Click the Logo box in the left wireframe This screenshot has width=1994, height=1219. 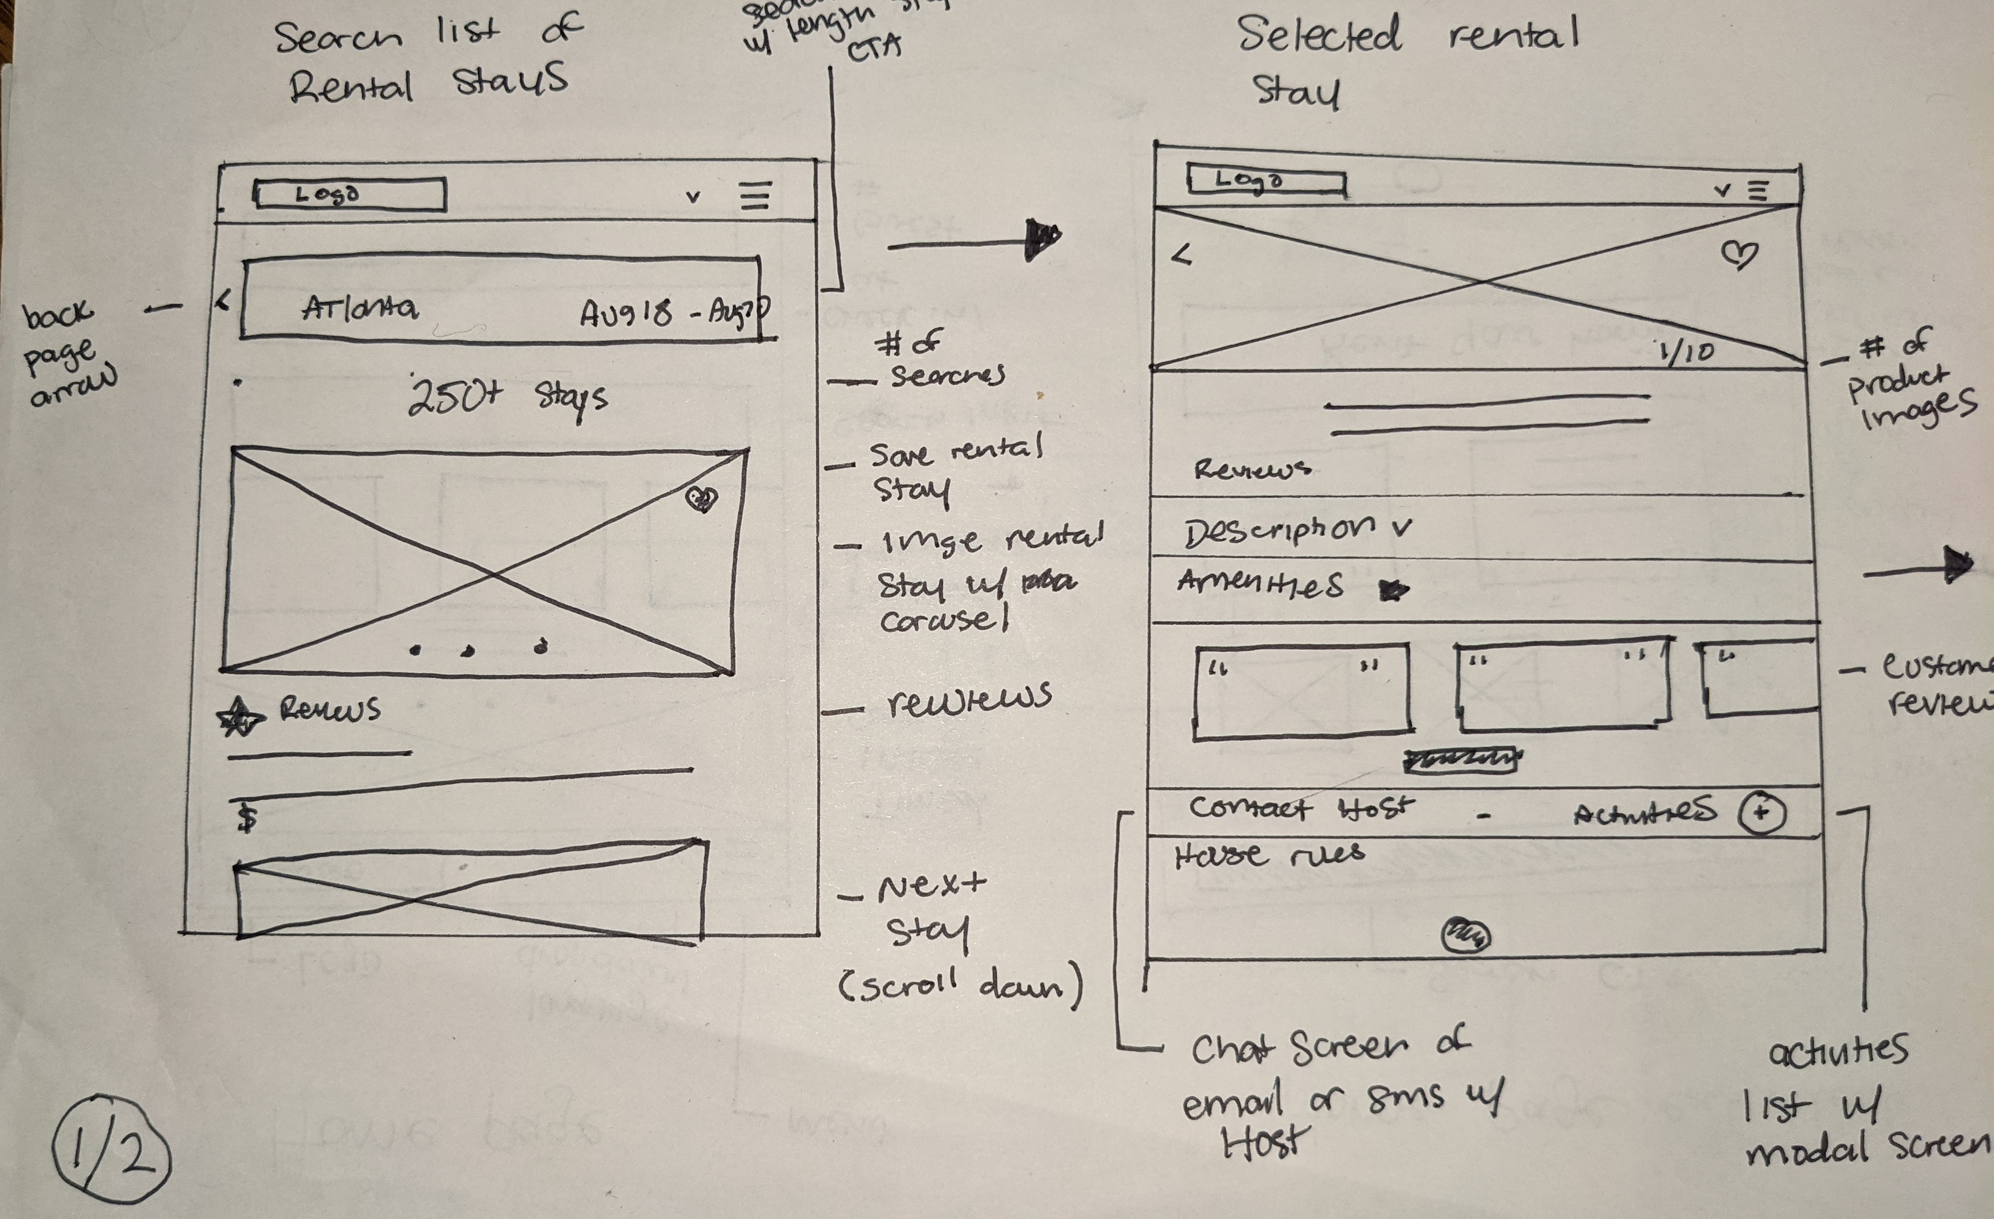[351, 194]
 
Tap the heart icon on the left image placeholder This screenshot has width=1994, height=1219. [701, 499]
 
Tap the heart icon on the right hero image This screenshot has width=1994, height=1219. [1739, 255]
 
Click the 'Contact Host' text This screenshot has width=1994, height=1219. [1300, 807]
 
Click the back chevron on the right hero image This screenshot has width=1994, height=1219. [1182, 257]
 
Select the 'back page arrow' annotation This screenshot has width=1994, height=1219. [69, 352]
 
